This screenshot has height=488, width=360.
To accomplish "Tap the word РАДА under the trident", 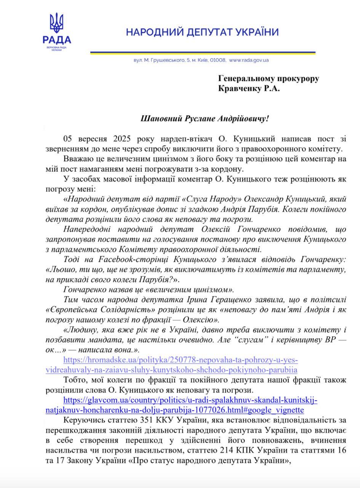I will coord(57,40).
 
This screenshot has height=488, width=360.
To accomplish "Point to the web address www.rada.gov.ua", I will coord(250,60).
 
